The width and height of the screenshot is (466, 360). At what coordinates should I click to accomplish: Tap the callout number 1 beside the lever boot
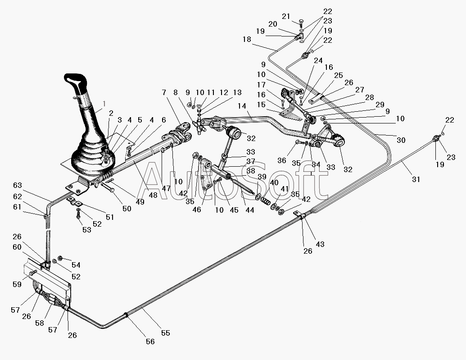click(104, 104)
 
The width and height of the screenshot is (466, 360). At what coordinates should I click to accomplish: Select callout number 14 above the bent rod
click(242, 106)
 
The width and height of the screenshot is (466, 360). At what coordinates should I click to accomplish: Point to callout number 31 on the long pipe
click(416, 179)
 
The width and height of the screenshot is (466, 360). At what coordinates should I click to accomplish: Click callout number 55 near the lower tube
click(166, 333)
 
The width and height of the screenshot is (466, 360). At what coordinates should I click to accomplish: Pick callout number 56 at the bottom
click(150, 342)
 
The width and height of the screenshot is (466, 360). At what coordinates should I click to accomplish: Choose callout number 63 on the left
click(17, 185)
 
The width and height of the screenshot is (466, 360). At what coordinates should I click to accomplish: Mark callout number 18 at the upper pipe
click(247, 39)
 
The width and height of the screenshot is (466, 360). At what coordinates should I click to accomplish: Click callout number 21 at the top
click(286, 16)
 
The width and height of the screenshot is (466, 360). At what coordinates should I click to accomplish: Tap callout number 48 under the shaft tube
click(154, 195)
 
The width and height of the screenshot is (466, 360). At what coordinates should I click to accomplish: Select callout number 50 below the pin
click(127, 209)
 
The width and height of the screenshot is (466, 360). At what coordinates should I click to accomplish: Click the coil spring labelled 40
click(266, 201)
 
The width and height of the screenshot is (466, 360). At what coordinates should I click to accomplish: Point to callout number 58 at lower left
click(40, 323)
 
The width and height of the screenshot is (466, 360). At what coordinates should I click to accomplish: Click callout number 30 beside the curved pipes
click(401, 140)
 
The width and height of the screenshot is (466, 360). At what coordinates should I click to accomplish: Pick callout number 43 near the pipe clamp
click(320, 244)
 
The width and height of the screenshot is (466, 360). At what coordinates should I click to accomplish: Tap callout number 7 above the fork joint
click(164, 92)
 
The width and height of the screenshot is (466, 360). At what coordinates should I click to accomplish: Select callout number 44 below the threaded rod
click(249, 210)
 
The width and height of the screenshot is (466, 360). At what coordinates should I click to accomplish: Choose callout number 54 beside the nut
click(76, 265)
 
